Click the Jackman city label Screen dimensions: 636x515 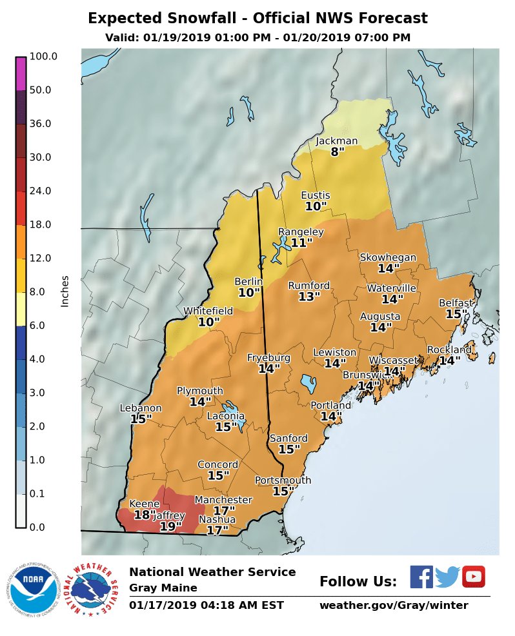pos(336,141)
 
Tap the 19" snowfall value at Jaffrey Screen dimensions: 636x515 pos(170,527)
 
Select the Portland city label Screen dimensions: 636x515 pos(331,406)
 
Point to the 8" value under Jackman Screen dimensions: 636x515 pos(338,153)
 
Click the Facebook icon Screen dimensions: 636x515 pos(421,577)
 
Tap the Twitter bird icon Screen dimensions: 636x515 pos(447,577)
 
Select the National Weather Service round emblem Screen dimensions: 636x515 pos(94,590)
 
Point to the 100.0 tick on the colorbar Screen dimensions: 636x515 pos(43,57)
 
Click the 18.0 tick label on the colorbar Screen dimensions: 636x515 pos(40,224)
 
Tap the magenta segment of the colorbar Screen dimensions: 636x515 pos(21,74)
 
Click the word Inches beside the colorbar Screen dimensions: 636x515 pos(65,292)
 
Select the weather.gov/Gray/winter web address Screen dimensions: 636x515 pos(394,606)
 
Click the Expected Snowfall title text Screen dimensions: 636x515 pos(257,18)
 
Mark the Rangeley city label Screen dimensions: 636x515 pos(301,232)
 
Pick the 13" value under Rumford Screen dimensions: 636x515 pos(309,297)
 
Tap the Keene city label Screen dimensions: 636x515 pos(145,504)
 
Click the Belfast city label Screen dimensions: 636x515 pos(456,303)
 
